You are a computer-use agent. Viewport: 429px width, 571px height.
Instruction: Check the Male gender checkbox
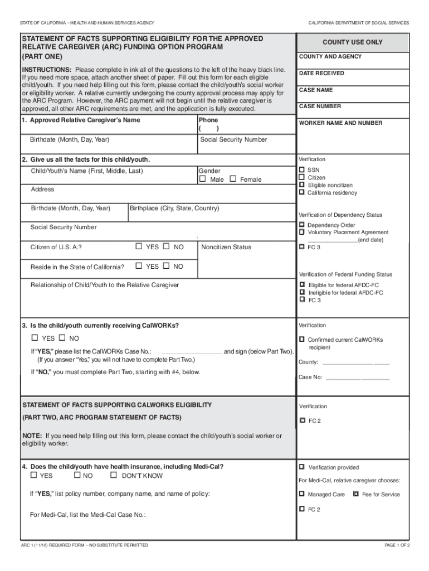coord(203,179)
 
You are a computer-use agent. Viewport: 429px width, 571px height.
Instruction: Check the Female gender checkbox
coord(233,179)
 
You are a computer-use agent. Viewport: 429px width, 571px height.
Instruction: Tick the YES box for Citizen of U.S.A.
coord(139,246)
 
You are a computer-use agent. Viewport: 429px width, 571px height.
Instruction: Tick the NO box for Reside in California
coord(165,266)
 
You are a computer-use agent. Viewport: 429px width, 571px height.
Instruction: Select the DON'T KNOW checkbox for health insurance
coord(114,475)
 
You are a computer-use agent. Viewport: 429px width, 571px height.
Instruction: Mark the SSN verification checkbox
coord(302,170)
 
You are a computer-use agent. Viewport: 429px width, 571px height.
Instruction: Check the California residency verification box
coord(302,192)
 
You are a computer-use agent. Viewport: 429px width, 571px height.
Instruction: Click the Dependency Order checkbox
coord(302,225)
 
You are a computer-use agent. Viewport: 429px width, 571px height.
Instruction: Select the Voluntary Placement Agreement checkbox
coord(302,232)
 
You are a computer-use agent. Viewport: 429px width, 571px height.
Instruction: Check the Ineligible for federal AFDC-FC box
coord(302,292)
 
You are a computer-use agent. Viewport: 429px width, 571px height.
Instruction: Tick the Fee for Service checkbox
coord(356,494)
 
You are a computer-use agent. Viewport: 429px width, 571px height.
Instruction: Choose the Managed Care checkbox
coord(302,494)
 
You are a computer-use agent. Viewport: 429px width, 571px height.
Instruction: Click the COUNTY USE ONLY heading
coord(352,42)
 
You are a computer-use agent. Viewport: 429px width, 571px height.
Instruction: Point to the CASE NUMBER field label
coord(320,106)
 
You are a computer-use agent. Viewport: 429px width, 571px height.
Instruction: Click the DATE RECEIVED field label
coord(321,73)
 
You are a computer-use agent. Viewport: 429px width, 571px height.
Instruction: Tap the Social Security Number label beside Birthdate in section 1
coord(233,139)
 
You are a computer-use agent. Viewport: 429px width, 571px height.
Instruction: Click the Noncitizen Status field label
coord(226,247)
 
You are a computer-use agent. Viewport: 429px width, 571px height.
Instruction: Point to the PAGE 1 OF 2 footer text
coord(397,545)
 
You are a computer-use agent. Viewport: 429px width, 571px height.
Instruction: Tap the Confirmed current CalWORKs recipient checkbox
coord(302,339)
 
